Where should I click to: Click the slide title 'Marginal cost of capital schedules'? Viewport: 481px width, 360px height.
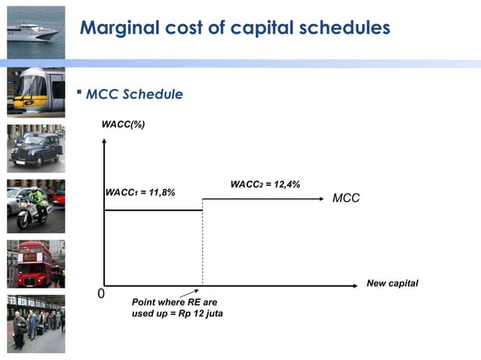pyautogui.click(x=234, y=29)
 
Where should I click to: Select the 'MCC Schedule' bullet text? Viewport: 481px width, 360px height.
pyautogui.click(x=133, y=94)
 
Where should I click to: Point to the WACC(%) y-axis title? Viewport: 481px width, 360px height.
pyautogui.click(x=124, y=123)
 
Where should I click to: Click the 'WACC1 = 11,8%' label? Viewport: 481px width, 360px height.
pyautogui.click(x=139, y=193)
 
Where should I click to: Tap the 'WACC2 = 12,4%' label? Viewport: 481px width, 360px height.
pyautogui.click(x=265, y=184)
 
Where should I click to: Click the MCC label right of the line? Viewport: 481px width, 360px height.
pyautogui.click(x=346, y=198)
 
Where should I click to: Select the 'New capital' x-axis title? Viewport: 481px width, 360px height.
pyautogui.click(x=392, y=282)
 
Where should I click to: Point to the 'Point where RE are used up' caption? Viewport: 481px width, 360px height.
pyautogui.click(x=176, y=308)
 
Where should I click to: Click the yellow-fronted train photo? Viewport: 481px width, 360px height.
pyautogui.click(x=35, y=92)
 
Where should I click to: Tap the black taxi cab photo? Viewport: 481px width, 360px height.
pyautogui.click(x=35, y=148)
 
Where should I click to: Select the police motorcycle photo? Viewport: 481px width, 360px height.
pyautogui.click(x=35, y=206)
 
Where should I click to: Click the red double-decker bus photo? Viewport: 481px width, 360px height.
pyautogui.click(x=35, y=264)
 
